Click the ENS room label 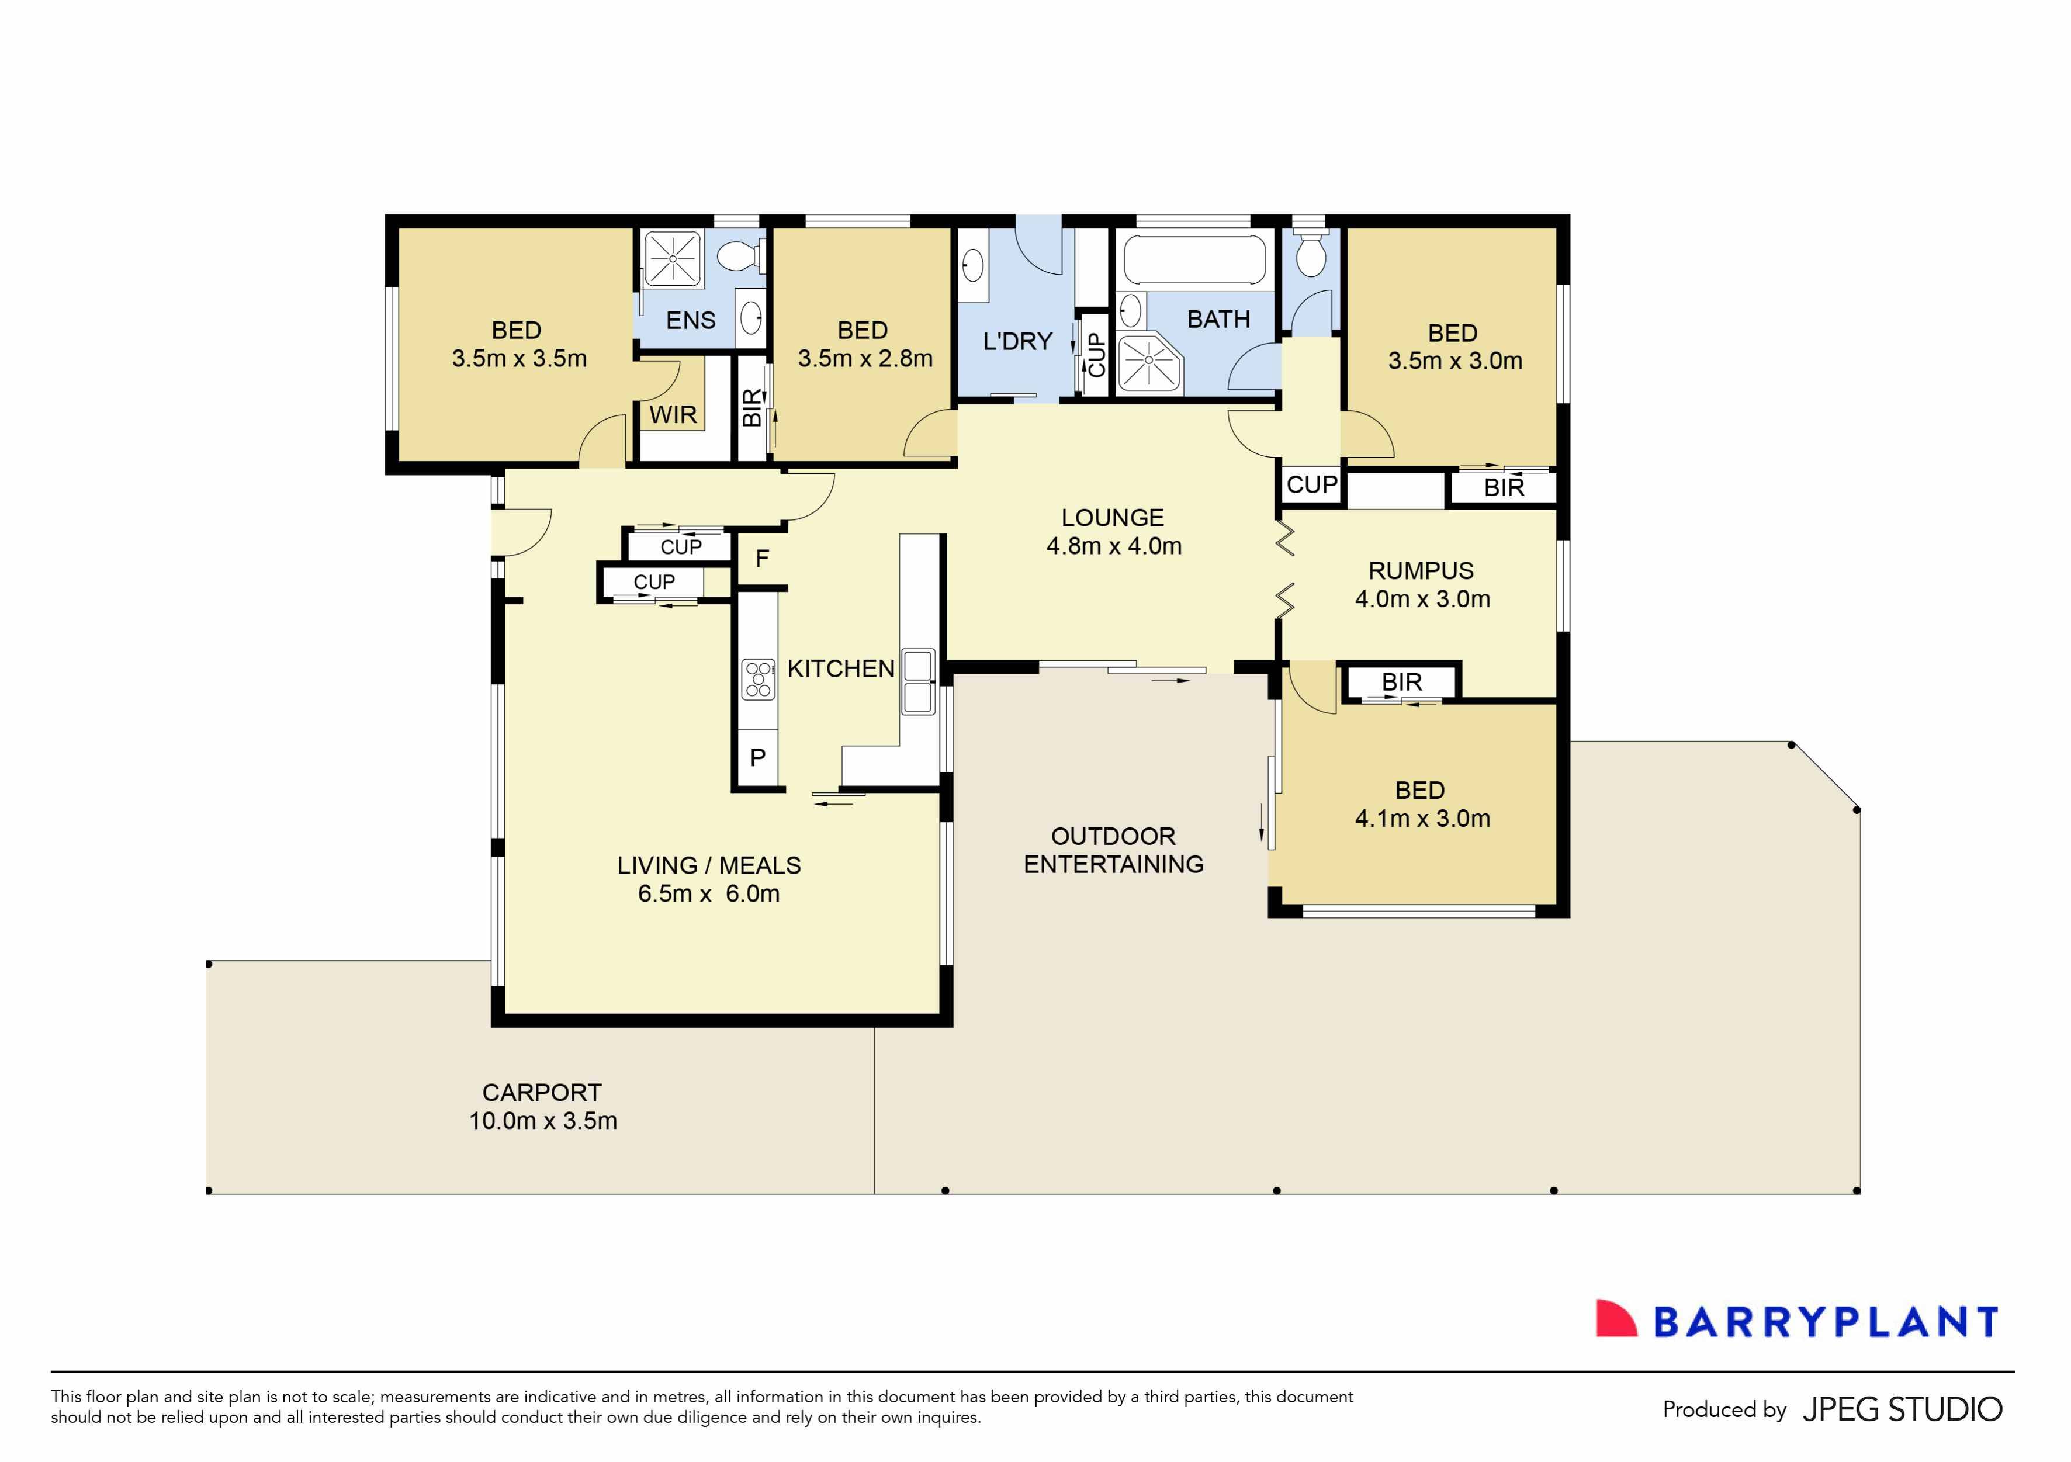click(690, 320)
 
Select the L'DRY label click(1017, 342)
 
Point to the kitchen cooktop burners click(758, 679)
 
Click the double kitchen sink click(918, 682)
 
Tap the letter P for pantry click(758, 758)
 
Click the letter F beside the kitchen click(762, 559)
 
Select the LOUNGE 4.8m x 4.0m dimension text click(1113, 546)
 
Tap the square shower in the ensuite click(673, 259)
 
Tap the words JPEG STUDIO click(1902, 1409)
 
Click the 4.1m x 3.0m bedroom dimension click(1422, 818)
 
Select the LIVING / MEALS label click(708, 866)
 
